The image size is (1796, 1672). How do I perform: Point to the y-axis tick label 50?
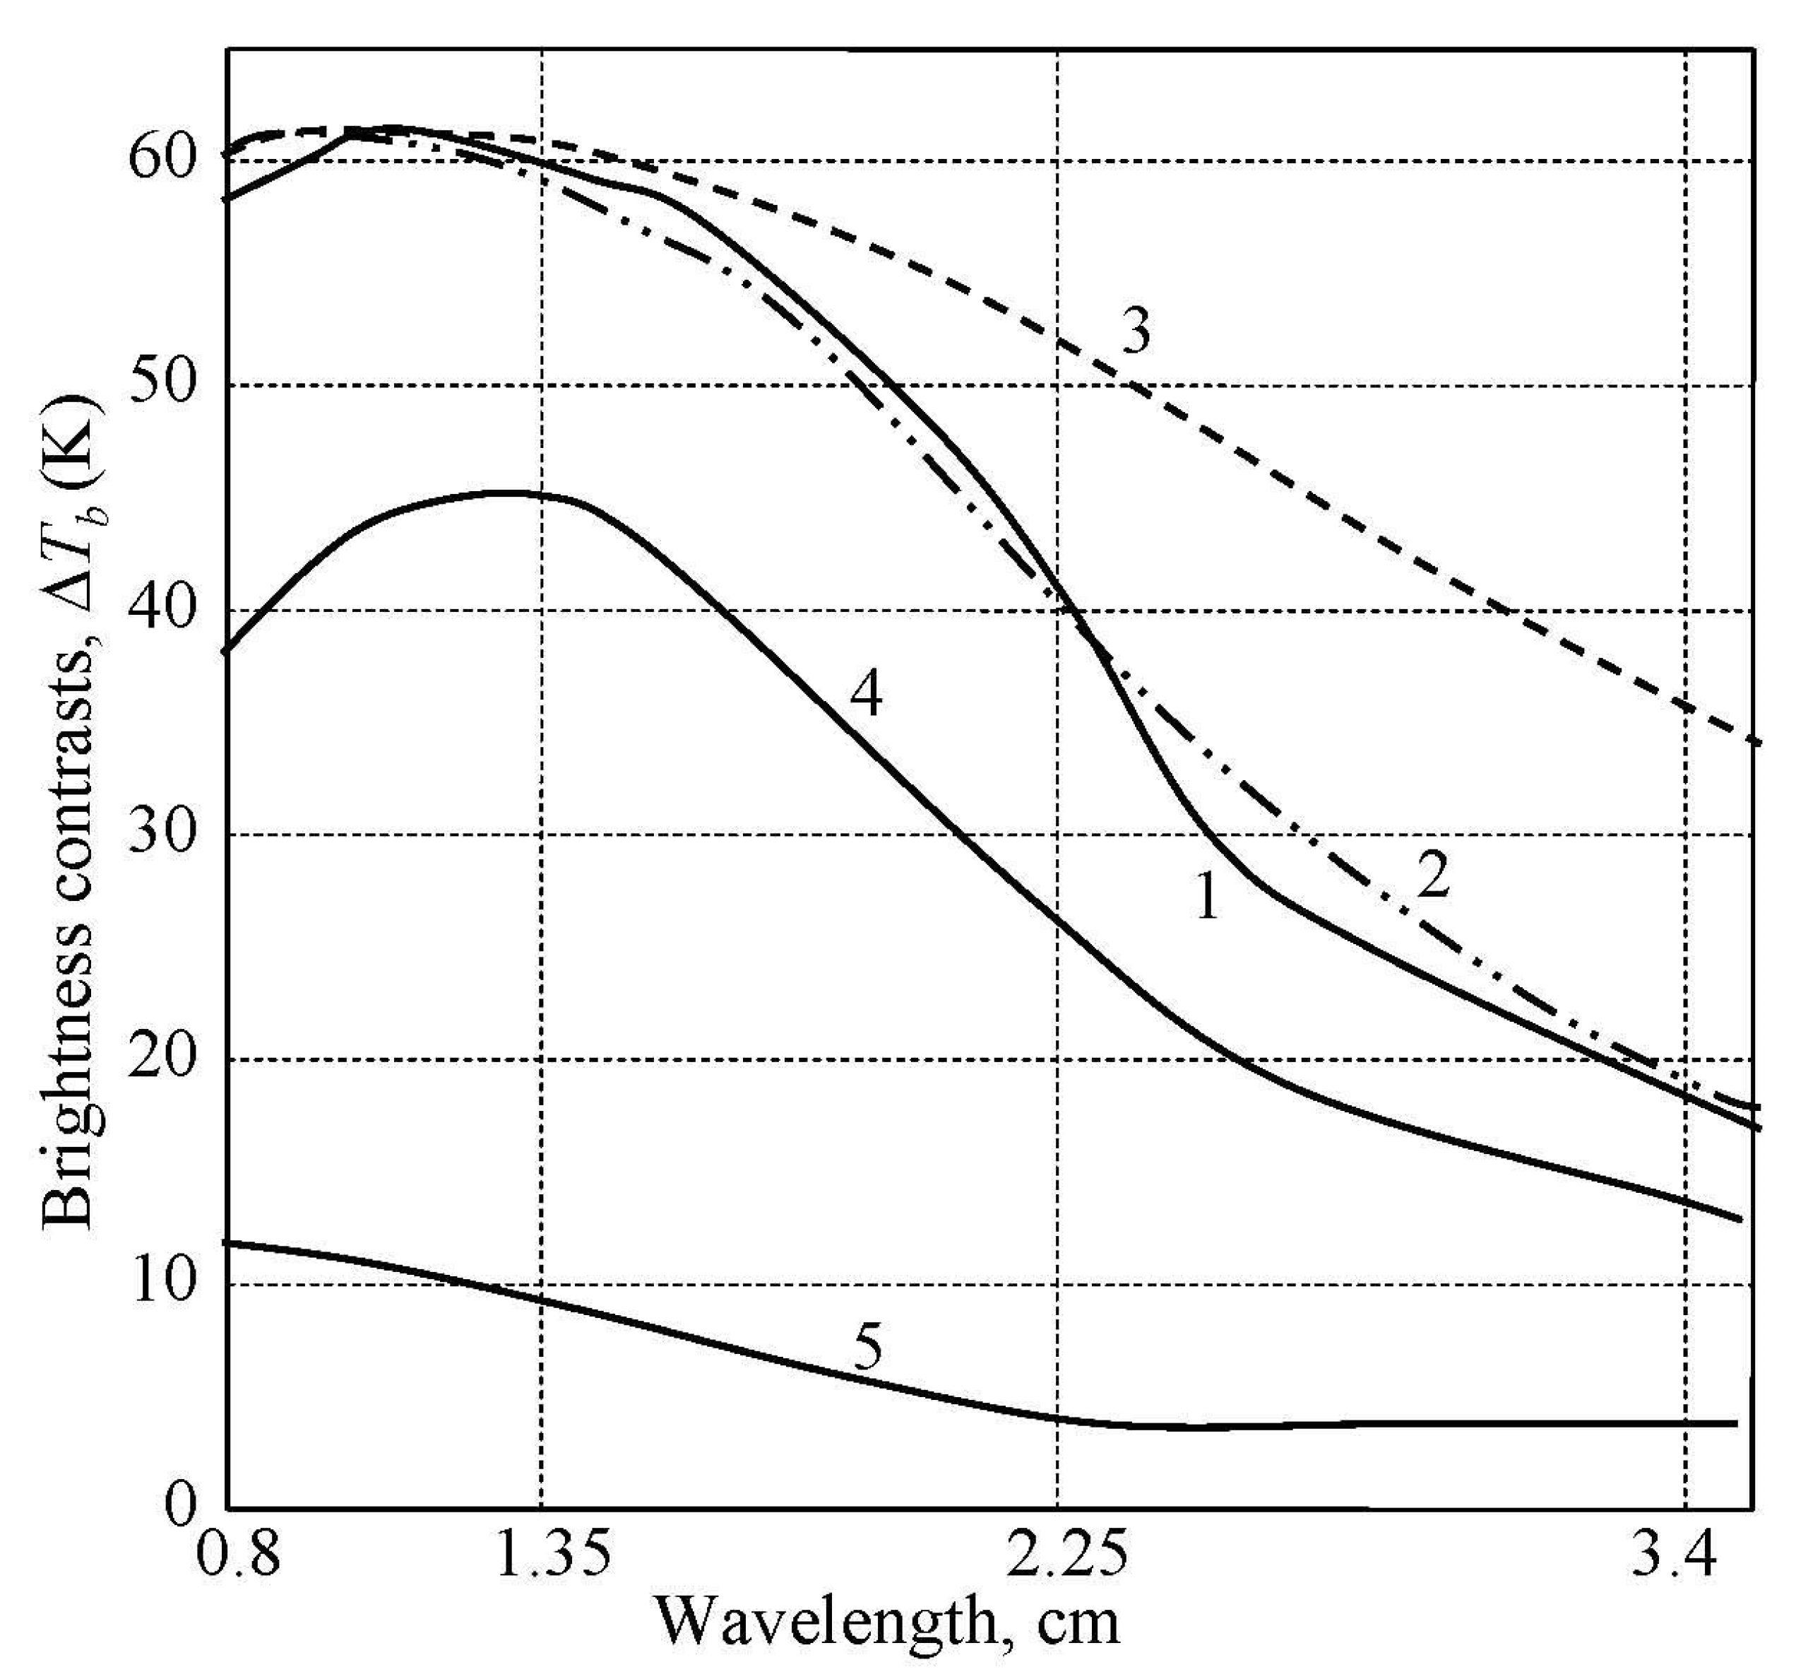(164, 386)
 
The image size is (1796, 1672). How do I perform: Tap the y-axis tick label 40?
(164, 612)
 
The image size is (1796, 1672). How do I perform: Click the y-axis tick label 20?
(164, 1060)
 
